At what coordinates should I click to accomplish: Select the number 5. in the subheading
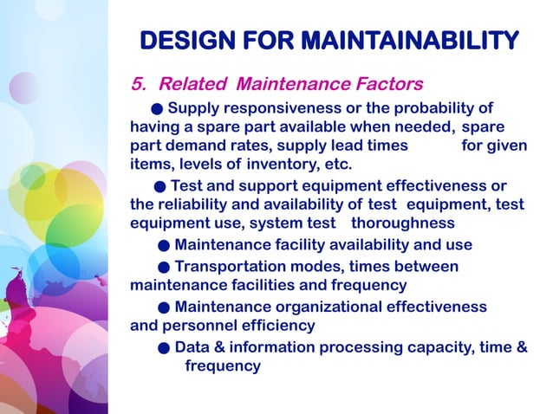(x=139, y=85)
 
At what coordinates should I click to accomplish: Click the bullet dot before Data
(x=164, y=348)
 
